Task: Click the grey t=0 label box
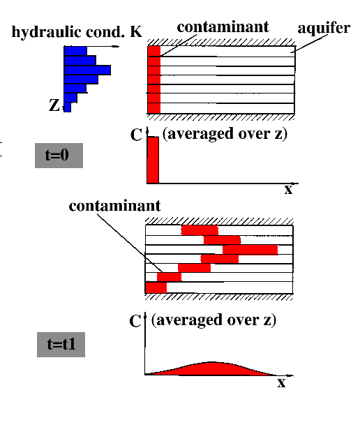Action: pyautogui.click(x=59, y=156)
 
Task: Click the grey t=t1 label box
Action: pyautogui.click(x=61, y=344)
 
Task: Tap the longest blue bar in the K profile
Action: pyautogui.click(x=87, y=70)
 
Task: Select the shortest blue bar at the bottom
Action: pyautogui.click(x=68, y=107)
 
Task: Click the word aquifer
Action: pyautogui.click(x=324, y=28)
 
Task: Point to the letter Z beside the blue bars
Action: pyautogui.click(x=54, y=105)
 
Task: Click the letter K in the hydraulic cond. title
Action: pyautogui.click(x=136, y=31)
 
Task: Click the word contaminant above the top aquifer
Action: pyautogui.click(x=223, y=27)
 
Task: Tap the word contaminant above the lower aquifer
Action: pyautogui.click(x=115, y=206)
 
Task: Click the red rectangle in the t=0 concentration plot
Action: pyautogui.click(x=153, y=160)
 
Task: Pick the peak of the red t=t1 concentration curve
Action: pyautogui.click(x=211, y=362)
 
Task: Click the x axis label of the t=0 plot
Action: pyautogui.click(x=288, y=190)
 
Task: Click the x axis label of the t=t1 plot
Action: pyautogui.click(x=281, y=383)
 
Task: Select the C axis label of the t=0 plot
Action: pyautogui.click(x=136, y=135)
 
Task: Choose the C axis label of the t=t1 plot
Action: pyautogui.click(x=135, y=321)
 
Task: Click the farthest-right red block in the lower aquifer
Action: pyautogui.click(x=250, y=250)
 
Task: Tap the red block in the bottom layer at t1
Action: pyautogui.click(x=156, y=287)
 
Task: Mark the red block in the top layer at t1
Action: pyautogui.click(x=200, y=230)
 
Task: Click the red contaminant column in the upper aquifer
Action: pyautogui.click(x=154, y=80)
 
